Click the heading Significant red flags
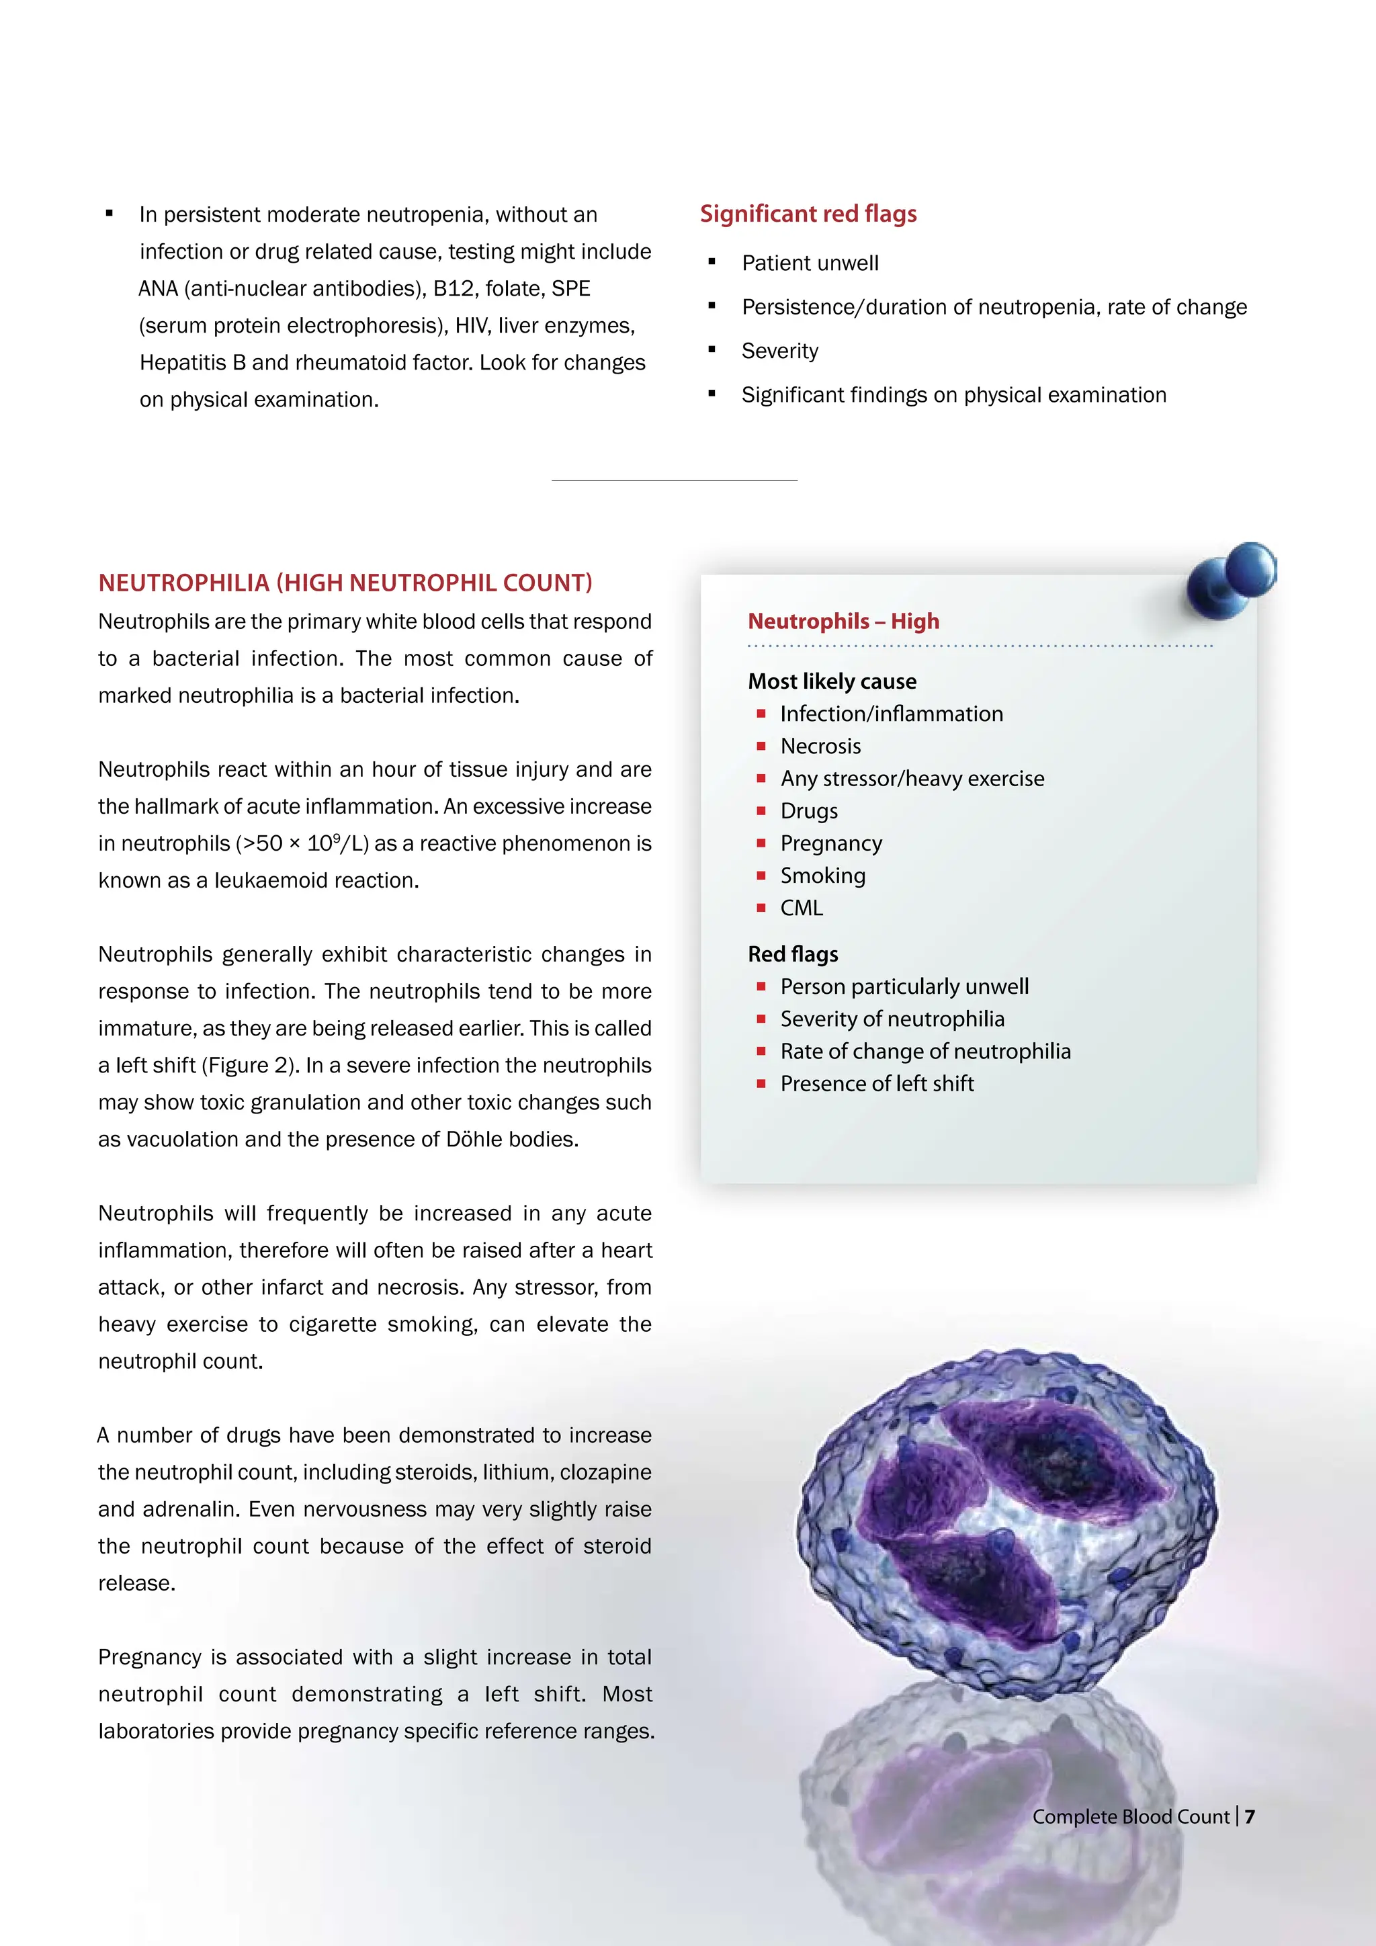tap(808, 214)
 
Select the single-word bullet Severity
tap(779, 351)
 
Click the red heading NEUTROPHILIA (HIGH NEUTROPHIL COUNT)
tap(345, 583)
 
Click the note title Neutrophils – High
tap(843, 622)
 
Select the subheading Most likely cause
tap(831, 681)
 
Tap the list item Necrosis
tap(820, 747)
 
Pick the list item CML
tap(801, 908)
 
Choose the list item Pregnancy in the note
tap(830, 844)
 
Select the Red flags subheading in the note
tap(792, 954)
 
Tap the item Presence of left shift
tap(876, 1084)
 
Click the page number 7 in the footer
tap(1250, 1816)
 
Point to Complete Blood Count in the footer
tap(1130, 1816)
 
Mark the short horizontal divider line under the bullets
tap(674, 480)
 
